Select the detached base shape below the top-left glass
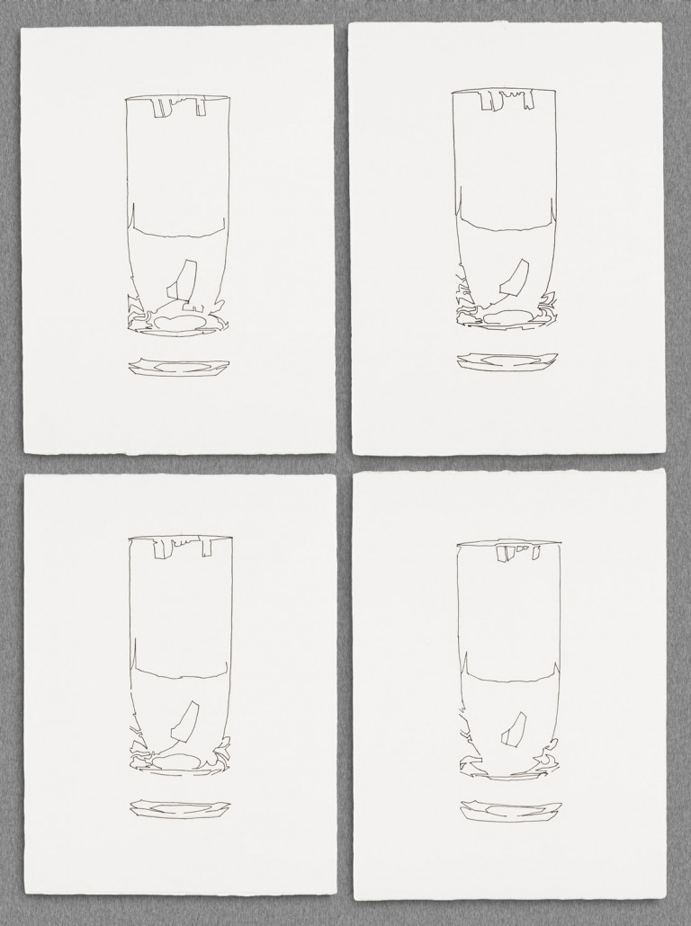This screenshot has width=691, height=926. coord(179,367)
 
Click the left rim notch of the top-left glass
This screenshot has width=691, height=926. coord(161,107)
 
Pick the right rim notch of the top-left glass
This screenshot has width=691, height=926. coord(201,107)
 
